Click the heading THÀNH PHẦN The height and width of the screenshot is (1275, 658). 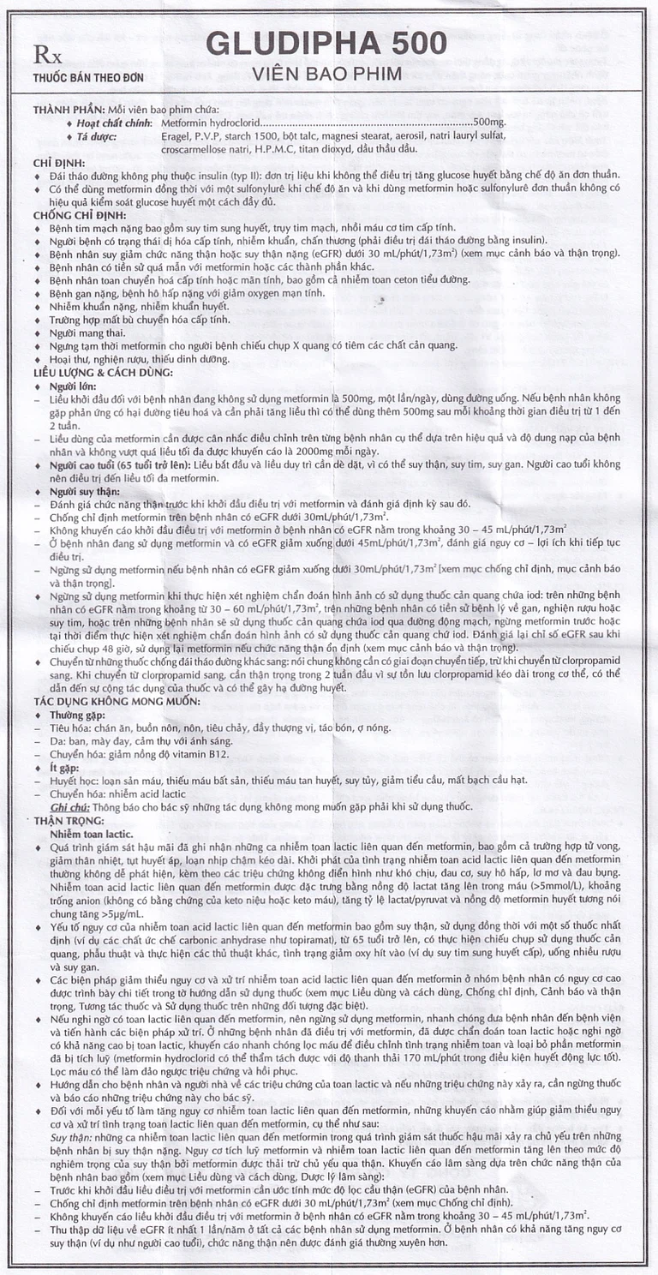pos(69,109)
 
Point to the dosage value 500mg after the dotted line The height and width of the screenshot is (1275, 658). pos(493,123)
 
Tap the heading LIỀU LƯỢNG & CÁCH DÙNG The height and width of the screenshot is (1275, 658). pos(103,373)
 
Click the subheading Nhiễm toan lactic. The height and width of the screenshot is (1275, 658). pos(91,832)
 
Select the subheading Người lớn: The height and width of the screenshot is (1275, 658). pos(73,386)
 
